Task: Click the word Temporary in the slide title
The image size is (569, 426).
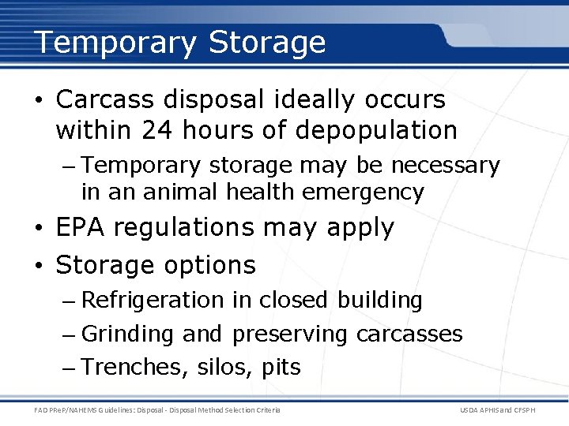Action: [x=115, y=43]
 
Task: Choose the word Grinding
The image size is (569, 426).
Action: [x=127, y=334]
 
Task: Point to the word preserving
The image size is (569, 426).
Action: [x=289, y=334]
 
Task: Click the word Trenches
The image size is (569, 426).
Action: [x=127, y=368]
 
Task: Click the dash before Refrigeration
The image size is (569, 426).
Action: [x=68, y=301]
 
